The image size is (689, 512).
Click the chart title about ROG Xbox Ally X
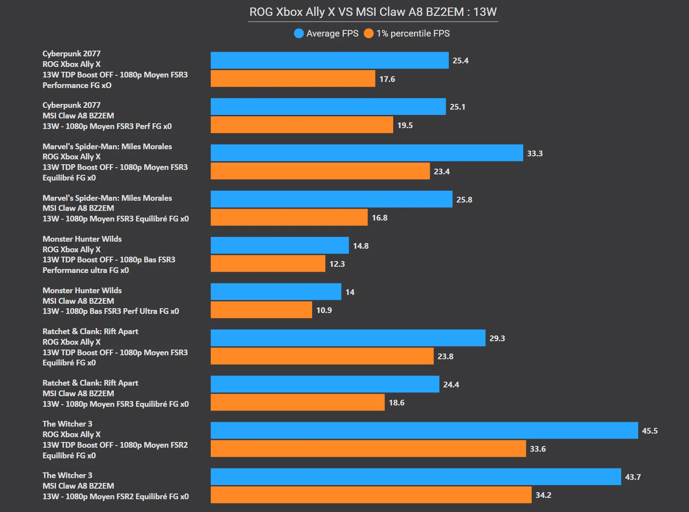(373, 12)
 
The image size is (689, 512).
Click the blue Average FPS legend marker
(299, 33)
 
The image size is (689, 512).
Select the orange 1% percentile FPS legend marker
(369, 33)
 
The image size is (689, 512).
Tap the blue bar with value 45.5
(424, 431)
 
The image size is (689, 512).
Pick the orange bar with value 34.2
(371, 495)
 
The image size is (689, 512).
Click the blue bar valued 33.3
(367, 153)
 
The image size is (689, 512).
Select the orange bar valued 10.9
(261, 310)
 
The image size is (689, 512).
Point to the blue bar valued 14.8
(279, 246)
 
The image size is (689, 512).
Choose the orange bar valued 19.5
(302, 125)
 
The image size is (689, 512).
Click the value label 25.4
(460, 61)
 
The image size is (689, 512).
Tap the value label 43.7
(633, 477)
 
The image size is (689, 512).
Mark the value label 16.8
(380, 218)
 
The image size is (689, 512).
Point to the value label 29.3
(497, 339)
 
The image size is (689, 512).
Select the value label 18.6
(396, 403)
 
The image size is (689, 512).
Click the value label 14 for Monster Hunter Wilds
(350, 292)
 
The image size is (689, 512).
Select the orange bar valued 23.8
(322, 356)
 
